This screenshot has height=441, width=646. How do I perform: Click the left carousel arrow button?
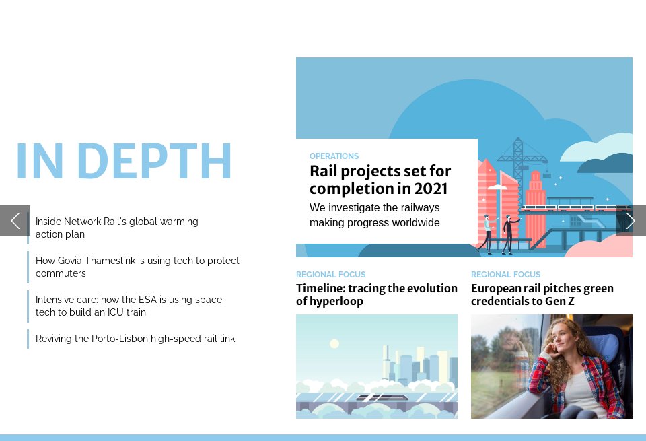click(x=15, y=221)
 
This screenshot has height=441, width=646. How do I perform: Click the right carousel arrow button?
click(x=631, y=221)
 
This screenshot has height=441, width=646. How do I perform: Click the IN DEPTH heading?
click(x=124, y=162)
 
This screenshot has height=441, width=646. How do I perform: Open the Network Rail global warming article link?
click(x=116, y=228)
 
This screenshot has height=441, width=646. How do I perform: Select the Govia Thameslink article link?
click(x=137, y=267)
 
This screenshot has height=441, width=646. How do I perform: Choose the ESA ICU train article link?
click(x=129, y=306)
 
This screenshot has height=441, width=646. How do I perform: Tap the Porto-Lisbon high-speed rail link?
click(x=135, y=339)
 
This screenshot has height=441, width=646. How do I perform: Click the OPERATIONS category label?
click(x=334, y=156)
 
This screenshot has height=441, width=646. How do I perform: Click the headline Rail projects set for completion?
click(x=380, y=180)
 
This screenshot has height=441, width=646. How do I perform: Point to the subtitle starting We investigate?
click(x=374, y=215)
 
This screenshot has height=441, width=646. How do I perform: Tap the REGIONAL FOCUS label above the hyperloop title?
click(x=330, y=275)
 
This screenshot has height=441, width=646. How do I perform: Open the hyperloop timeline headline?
click(x=376, y=295)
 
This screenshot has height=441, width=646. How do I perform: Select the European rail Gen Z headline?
click(x=542, y=295)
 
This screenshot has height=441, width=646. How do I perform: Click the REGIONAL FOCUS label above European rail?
click(x=505, y=275)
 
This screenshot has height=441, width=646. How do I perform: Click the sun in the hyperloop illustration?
click(x=334, y=344)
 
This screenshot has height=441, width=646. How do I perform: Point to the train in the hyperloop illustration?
click(x=382, y=397)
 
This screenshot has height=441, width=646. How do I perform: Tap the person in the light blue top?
click(x=486, y=232)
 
